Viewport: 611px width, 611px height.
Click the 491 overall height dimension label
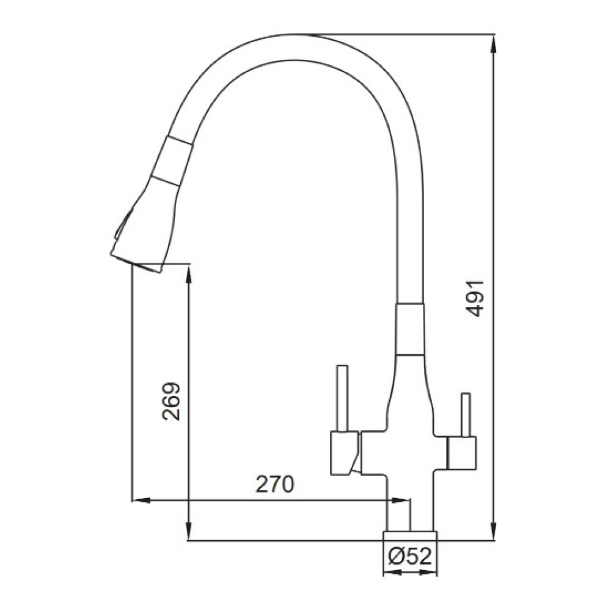[x=475, y=298]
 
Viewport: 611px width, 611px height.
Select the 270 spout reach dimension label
[x=275, y=485]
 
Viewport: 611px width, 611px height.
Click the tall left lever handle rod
[x=342, y=398]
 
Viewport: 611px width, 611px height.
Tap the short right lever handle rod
[x=465, y=415]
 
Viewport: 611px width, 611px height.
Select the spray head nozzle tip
[x=136, y=262]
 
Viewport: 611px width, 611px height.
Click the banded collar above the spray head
[x=172, y=161]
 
